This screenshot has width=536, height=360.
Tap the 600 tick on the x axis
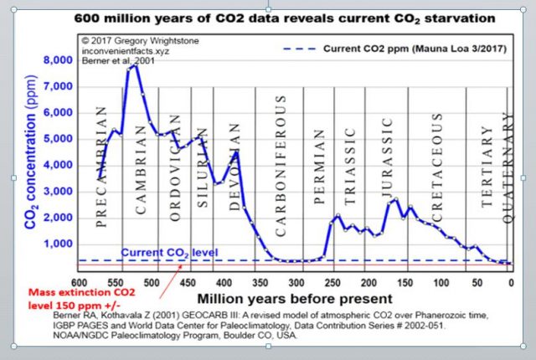click(x=81, y=282)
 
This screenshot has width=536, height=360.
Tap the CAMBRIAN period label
click(x=142, y=159)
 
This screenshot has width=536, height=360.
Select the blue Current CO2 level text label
click(x=159, y=252)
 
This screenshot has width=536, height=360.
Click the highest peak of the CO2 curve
click(x=135, y=65)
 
